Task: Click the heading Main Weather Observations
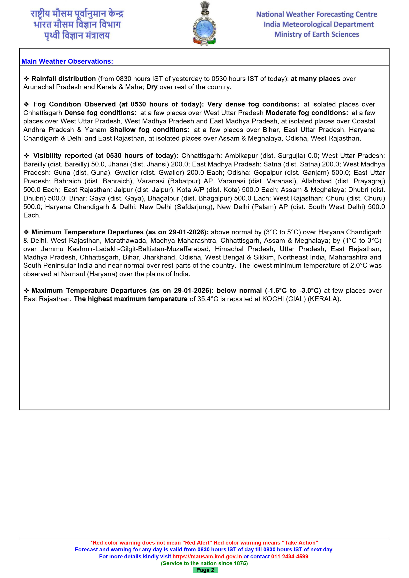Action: pyautogui.click(x=67, y=62)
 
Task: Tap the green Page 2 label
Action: pyautogui.click(x=205, y=570)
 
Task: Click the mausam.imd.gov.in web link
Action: pyautogui.click(x=207, y=556)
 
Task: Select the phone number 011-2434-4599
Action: pyautogui.click(x=289, y=556)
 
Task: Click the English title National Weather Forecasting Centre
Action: pyautogui.click(x=316, y=14)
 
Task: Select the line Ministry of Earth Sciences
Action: pyautogui.click(x=316, y=34)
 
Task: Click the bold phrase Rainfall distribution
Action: pyautogui.click(x=63, y=79)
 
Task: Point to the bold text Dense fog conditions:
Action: pyautogui.click(x=100, y=113)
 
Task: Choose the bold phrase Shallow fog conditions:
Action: pyautogui.click(x=150, y=130)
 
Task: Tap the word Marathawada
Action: pyautogui.click(x=125, y=241)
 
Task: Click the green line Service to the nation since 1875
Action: pyautogui.click(x=204, y=563)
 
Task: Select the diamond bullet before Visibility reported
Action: pyautogui.click(x=26, y=156)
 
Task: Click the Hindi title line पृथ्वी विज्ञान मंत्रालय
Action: pyautogui.click(x=77, y=35)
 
